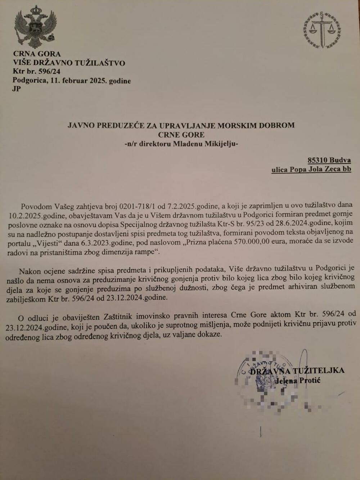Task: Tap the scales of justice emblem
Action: click(322, 31)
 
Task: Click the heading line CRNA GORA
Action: click(37, 54)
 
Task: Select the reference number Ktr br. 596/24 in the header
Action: click(36, 72)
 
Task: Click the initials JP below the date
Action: click(17, 89)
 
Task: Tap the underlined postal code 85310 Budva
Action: click(329, 160)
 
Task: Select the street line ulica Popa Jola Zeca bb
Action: click(311, 169)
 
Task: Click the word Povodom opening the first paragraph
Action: click(36, 206)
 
